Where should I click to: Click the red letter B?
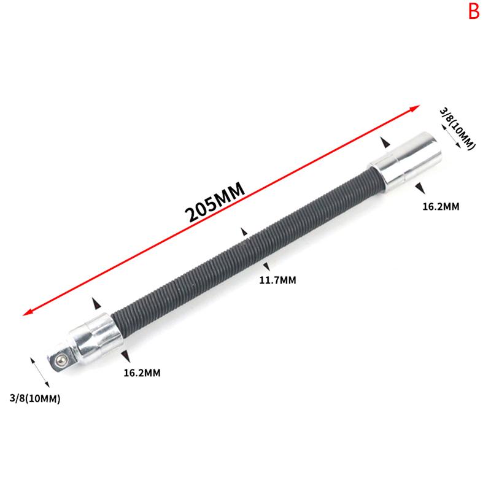[474, 12]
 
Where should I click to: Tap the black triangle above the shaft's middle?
[244, 232]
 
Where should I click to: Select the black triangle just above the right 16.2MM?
[419, 187]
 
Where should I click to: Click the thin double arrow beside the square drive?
[40, 371]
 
